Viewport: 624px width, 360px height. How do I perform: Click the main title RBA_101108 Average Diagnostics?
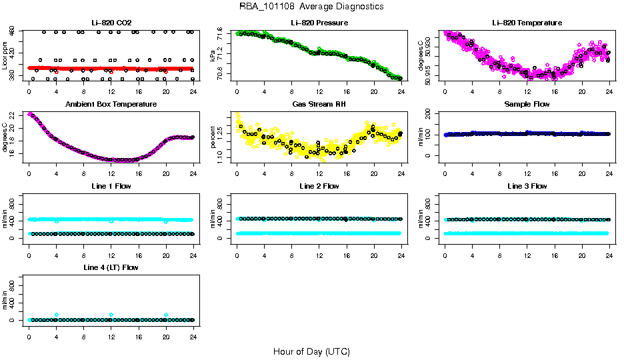click(x=311, y=6)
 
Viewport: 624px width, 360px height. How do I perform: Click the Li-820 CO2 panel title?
click(x=111, y=23)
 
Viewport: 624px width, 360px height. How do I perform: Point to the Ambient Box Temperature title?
click(x=111, y=104)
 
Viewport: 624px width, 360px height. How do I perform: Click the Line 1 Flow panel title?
click(x=111, y=186)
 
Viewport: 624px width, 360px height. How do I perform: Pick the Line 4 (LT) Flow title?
click(x=111, y=267)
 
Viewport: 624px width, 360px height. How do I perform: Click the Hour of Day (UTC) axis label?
click(x=311, y=351)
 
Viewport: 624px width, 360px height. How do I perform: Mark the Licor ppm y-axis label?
click(x=5, y=56)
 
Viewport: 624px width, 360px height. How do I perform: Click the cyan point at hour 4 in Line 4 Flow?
click(x=57, y=315)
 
